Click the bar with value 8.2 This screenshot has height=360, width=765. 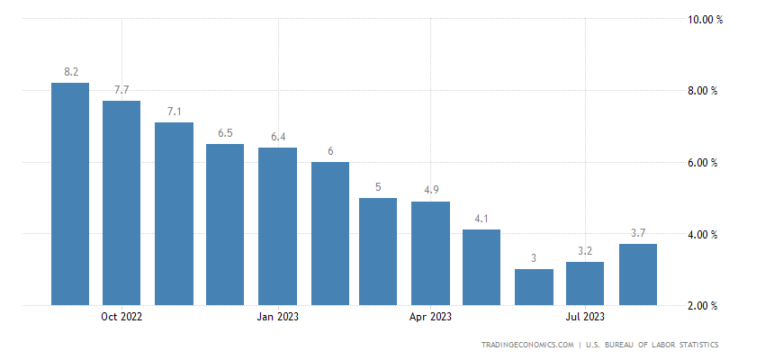coord(70,193)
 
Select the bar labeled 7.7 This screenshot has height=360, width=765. coord(121,202)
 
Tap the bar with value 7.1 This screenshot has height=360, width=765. coord(174,213)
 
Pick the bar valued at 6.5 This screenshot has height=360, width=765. coord(225,224)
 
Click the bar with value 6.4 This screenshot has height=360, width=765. coord(277,226)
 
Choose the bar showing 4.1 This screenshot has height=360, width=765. coord(481,267)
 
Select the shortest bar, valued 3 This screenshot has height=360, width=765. coord(534,287)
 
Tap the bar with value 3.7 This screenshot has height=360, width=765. coord(637,274)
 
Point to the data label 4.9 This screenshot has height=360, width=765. coord(430,190)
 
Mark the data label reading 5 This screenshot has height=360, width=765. coord(378,186)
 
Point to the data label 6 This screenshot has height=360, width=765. coord(330,150)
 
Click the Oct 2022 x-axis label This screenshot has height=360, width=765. coord(121,317)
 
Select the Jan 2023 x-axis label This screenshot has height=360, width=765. coord(277,317)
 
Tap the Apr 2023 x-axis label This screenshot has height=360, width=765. coord(430,317)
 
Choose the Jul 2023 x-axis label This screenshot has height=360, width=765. coord(585,317)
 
